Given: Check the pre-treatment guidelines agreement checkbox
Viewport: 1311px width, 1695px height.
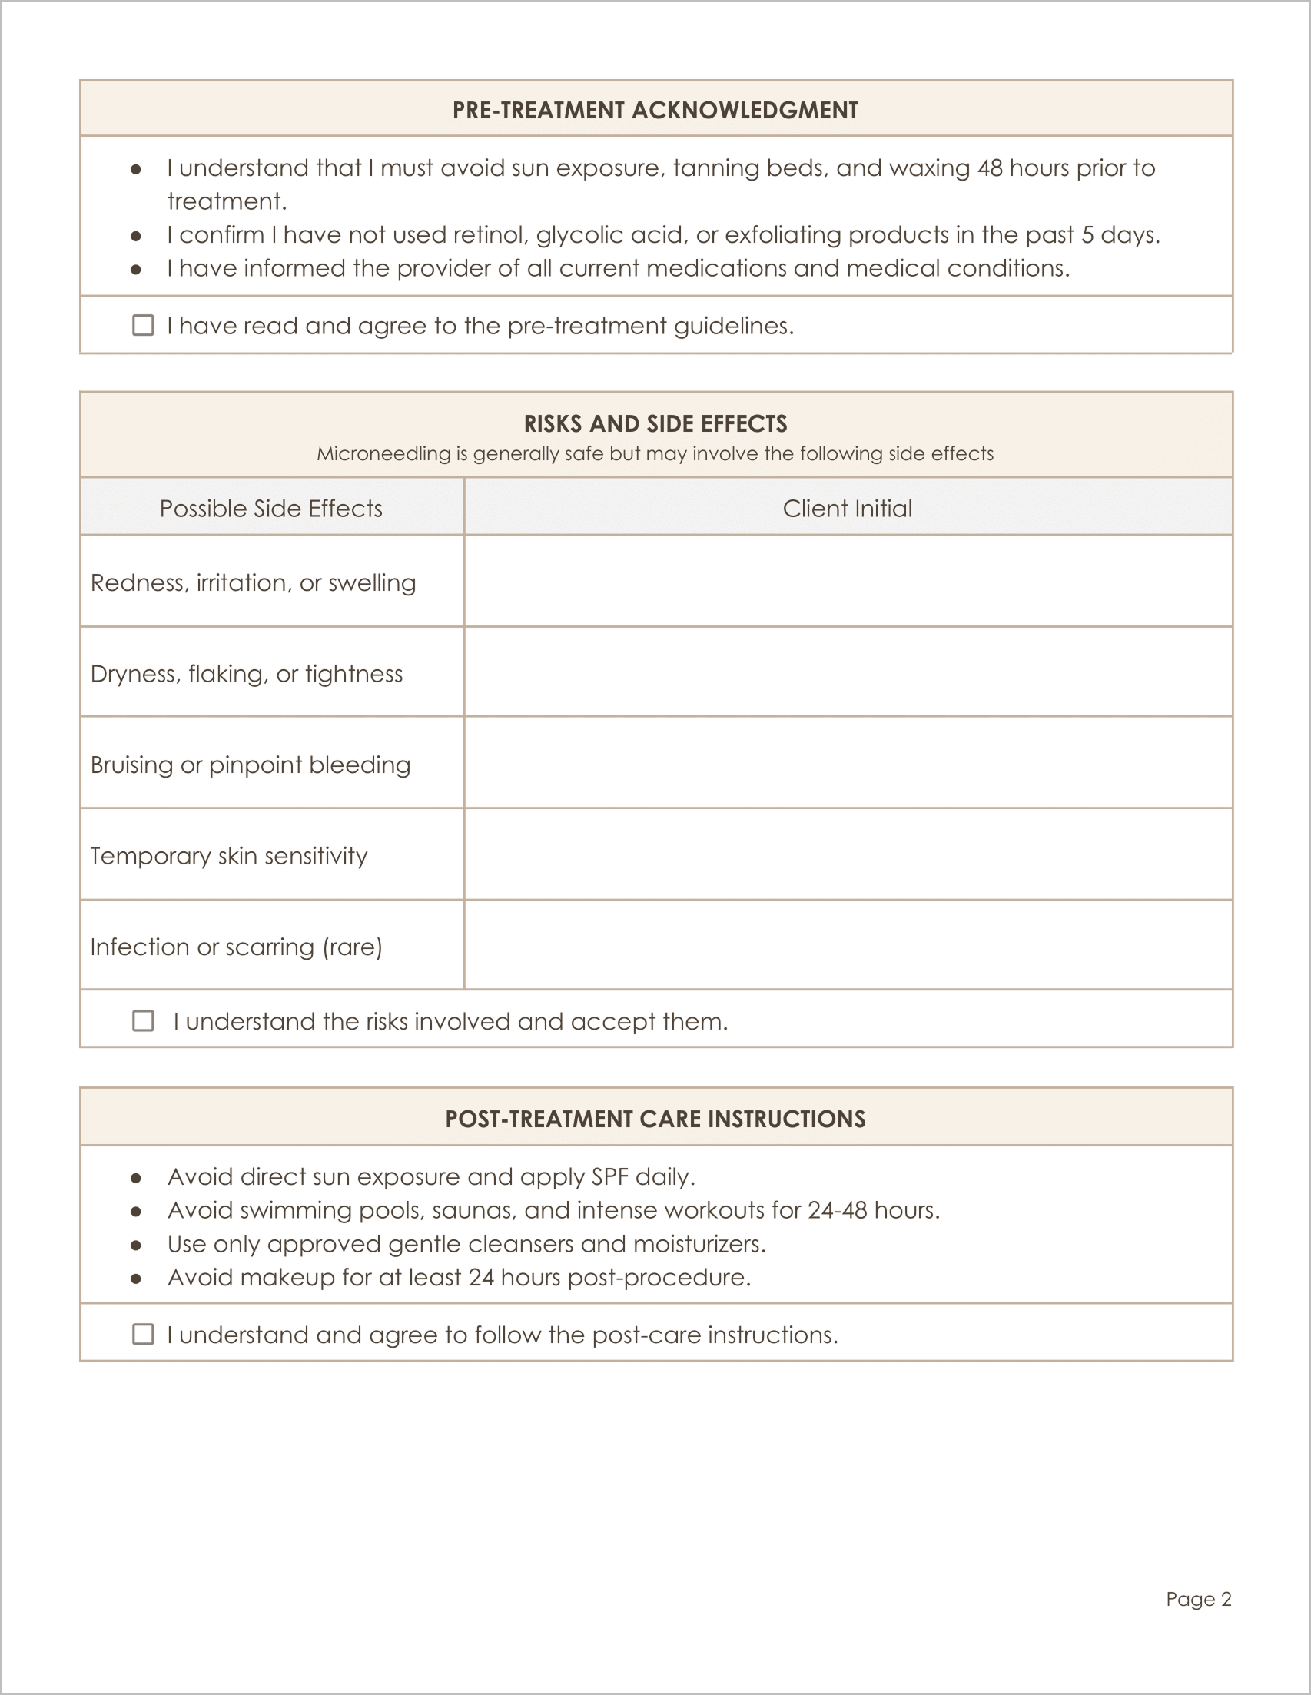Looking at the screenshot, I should tap(143, 325).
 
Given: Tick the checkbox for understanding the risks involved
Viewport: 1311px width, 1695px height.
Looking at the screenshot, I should tap(143, 1020).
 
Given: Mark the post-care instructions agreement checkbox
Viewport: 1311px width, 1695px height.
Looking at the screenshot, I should tap(143, 1334).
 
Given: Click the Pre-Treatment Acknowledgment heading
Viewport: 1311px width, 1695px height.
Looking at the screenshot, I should tap(655, 110).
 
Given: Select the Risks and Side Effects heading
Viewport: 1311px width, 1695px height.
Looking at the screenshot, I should tap(655, 424).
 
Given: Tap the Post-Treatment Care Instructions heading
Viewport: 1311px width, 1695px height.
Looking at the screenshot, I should tap(655, 1119).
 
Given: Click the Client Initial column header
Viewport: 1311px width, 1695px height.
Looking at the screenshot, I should tap(847, 509).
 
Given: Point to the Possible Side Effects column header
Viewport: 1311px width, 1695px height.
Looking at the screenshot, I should tap(271, 509).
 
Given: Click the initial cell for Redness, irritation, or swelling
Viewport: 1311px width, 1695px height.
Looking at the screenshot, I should tap(848, 582).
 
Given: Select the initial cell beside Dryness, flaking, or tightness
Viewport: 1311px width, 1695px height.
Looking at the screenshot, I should tap(848, 672).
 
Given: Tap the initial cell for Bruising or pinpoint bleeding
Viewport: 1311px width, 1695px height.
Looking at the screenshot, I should tap(848, 763).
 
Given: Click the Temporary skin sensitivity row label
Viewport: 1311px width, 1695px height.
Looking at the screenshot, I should tap(229, 855).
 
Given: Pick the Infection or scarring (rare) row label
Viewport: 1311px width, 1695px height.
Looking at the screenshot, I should tap(236, 947).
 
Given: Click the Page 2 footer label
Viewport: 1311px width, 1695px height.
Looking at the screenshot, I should tap(1198, 1599).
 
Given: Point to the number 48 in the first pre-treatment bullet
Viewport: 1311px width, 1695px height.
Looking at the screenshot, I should tap(990, 168).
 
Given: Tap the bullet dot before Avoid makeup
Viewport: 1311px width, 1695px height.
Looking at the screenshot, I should tap(136, 1279).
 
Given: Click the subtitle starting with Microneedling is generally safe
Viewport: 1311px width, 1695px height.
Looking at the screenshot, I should tap(655, 454).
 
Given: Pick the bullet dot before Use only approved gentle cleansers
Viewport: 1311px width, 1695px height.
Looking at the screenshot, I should tap(136, 1245).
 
